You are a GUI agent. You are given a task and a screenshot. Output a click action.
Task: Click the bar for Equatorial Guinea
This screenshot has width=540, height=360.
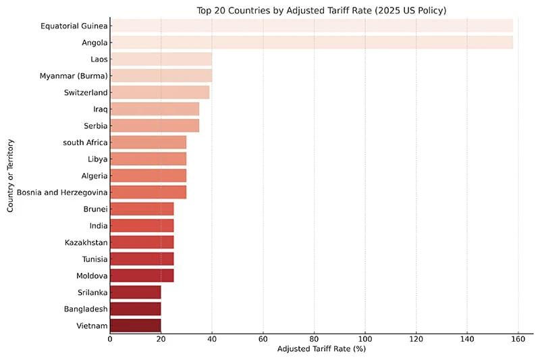[311, 26]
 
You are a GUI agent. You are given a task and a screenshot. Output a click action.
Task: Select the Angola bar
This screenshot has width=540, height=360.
[311, 43]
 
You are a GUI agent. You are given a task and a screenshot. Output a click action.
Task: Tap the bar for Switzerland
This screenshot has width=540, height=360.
[159, 92]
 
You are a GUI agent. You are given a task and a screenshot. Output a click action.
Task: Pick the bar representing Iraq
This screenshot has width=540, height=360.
[155, 109]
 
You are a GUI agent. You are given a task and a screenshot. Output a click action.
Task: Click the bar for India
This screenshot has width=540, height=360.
[142, 226]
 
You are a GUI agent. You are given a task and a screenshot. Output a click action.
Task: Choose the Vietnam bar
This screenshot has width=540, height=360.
[135, 326]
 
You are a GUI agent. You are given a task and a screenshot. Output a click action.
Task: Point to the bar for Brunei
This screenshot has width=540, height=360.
[142, 209]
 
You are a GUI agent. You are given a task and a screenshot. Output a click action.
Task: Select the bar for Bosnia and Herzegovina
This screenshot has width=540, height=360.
[148, 192]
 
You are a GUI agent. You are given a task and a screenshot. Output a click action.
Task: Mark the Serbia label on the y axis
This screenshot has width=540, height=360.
[92, 126]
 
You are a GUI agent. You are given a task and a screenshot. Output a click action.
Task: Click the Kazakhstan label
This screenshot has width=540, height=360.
[86, 242]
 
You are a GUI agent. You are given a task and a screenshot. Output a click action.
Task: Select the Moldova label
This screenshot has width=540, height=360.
[91, 276]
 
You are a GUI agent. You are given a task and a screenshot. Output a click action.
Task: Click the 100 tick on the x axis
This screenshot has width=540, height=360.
[365, 340]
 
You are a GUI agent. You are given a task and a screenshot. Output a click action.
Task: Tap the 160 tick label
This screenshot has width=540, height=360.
[518, 340]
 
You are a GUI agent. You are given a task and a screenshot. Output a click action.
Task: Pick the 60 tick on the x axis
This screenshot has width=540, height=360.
[263, 340]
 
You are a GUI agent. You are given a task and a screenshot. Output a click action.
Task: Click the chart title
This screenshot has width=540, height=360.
[321, 10]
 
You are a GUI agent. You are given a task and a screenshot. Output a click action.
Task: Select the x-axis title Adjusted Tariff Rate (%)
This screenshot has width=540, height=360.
[321, 349]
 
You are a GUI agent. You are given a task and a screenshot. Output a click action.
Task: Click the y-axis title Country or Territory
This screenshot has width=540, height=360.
[11, 176]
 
